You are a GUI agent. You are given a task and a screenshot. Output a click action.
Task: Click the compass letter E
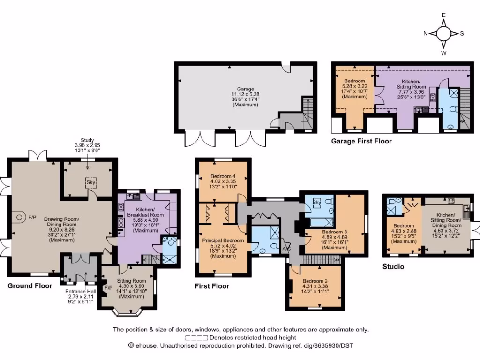pyautogui.click(x=443, y=15)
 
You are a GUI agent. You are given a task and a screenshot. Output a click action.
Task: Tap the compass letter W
pyautogui.click(x=443, y=53)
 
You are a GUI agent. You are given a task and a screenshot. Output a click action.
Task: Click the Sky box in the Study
pyautogui.click(x=90, y=182)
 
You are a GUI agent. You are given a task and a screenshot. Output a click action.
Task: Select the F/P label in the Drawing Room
pyautogui.click(x=32, y=217)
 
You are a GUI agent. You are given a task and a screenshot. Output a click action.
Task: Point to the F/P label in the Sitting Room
pyautogui.click(x=108, y=288)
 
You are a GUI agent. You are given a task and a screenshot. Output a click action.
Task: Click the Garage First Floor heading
pyautogui.click(x=361, y=141)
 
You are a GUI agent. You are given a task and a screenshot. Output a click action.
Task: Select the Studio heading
pyautogui.click(x=393, y=267)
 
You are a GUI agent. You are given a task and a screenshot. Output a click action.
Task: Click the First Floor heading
pyautogui.click(x=212, y=285)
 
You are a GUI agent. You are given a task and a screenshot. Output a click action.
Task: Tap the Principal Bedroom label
pyautogui.click(x=223, y=240)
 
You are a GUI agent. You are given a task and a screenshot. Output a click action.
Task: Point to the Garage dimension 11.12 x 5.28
pyautogui.click(x=245, y=94)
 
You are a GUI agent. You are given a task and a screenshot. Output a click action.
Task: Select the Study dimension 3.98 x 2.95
pyautogui.click(x=87, y=145)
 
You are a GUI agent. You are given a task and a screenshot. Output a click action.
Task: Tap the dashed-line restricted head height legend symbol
pyautogui.click(x=196, y=337)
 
